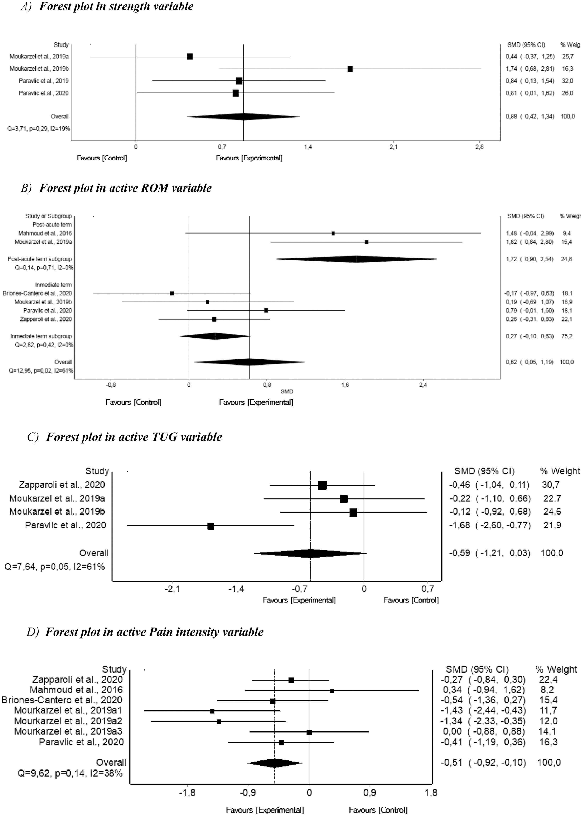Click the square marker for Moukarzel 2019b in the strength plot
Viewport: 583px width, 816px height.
tap(350, 69)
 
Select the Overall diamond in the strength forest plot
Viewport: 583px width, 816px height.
tap(243, 117)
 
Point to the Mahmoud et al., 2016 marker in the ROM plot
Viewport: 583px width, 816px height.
tap(333, 233)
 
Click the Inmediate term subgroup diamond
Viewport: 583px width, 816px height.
tap(215, 336)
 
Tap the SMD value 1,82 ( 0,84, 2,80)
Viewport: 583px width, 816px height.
tap(530, 242)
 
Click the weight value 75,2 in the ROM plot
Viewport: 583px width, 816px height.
tap(567, 336)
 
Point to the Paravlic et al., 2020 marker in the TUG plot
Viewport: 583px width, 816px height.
tap(211, 526)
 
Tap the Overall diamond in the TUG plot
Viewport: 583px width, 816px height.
tap(310, 553)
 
